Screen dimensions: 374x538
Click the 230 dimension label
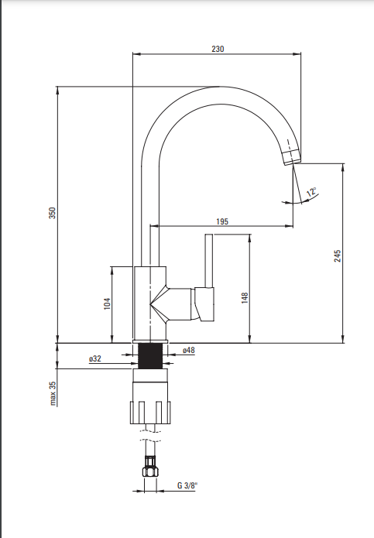(218, 49)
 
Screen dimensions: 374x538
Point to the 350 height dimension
(52, 213)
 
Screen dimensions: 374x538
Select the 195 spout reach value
(222, 221)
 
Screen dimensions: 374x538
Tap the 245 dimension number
(338, 256)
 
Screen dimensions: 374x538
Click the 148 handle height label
(245, 298)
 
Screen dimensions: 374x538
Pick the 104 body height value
(108, 303)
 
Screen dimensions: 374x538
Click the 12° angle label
(311, 191)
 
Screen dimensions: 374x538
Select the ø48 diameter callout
(189, 350)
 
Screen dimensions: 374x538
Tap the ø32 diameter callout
(95, 358)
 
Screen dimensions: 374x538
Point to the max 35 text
(53, 393)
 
